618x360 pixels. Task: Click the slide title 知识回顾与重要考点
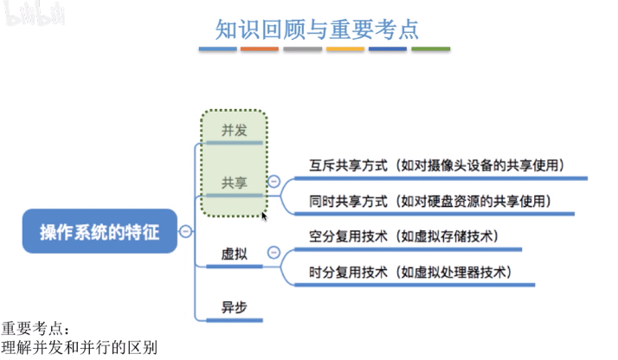[317, 29]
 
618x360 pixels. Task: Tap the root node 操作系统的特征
[100, 231]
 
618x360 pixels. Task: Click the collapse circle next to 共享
[274, 182]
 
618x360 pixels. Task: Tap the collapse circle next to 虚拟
[274, 253]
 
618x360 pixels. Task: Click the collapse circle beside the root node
[185, 231]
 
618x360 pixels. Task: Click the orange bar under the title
[260, 49]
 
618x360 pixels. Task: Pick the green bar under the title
[430, 49]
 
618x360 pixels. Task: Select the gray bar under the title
[302, 49]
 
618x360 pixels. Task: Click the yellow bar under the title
[344, 49]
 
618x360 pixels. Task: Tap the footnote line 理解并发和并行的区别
[79, 349]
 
